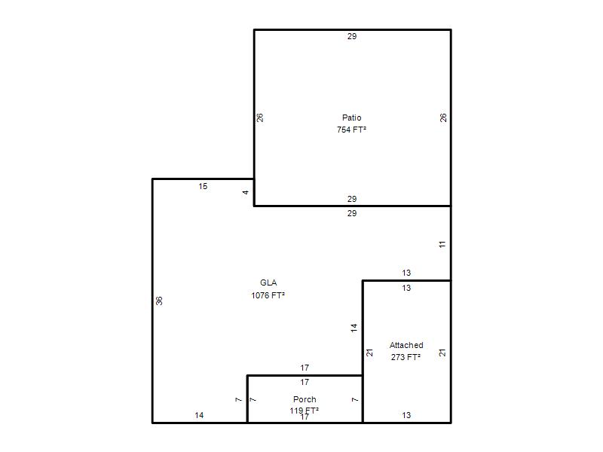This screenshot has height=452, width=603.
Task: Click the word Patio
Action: (x=351, y=118)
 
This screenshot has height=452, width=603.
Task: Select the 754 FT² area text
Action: (x=351, y=130)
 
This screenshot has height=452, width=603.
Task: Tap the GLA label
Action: (x=268, y=282)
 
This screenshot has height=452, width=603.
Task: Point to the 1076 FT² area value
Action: (x=268, y=295)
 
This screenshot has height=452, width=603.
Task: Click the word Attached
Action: (x=406, y=345)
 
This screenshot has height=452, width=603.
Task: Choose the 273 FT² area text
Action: (x=406, y=357)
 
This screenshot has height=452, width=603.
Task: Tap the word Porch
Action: (x=305, y=399)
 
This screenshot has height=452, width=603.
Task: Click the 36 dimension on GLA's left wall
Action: (x=159, y=301)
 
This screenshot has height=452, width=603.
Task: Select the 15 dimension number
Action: (x=203, y=186)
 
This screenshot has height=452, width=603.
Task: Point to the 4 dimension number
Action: (x=246, y=192)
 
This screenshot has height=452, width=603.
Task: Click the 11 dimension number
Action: (x=442, y=244)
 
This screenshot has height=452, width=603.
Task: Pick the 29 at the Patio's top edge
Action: (x=352, y=36)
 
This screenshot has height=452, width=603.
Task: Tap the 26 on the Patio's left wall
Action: (x=260, y=118)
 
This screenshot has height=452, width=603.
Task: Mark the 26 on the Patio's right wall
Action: (x=443, y=118)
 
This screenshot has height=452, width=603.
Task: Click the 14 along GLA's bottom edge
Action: (x=199, y=415)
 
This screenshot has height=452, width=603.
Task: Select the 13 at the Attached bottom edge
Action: (x=406, y=415)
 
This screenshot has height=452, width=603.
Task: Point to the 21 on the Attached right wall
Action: (x=442, y=353)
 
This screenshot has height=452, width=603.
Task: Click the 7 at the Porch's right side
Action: (x=355, y=400)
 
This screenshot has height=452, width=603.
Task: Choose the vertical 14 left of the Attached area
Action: (x=354, y=328)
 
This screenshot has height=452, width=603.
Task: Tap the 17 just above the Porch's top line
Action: (x=305, y=368)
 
